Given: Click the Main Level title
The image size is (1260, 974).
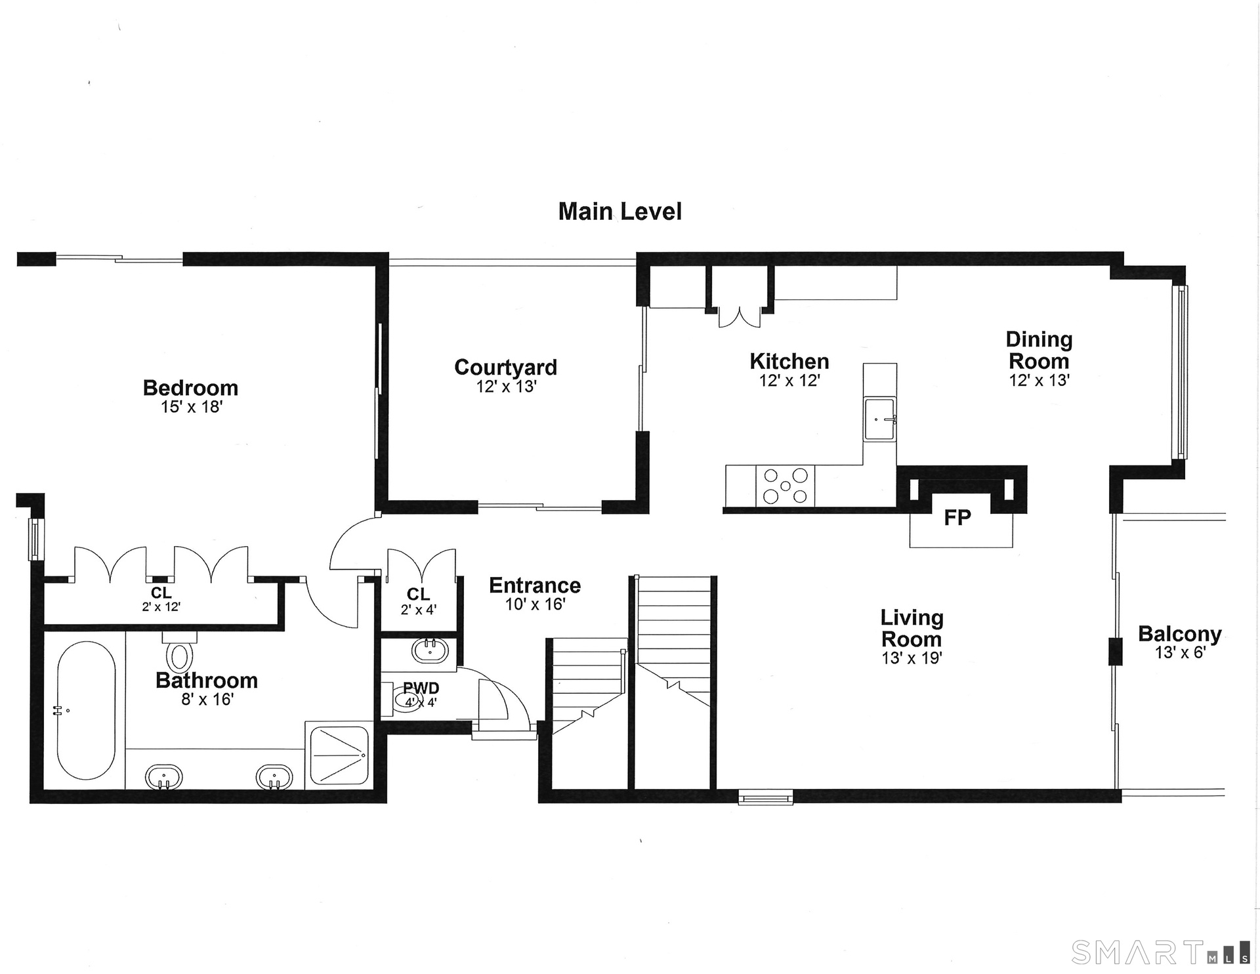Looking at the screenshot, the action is pos(620,211).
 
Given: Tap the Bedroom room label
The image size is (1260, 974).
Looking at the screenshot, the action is pos(190,387).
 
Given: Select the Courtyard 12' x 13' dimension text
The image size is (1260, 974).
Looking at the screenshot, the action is pos(507,387).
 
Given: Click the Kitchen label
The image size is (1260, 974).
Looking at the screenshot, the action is pos(789,361).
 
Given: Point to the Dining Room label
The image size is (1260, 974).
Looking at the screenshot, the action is pos(1039,350).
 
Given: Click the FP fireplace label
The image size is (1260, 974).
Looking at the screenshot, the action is pos(957,518).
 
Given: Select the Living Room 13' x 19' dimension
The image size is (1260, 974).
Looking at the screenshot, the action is pos(912,658).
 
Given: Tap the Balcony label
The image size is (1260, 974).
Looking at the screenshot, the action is pos(1180,634).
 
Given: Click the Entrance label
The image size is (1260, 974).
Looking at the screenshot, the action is pos(535,585).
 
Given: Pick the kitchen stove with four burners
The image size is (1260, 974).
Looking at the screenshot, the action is pos(786,486).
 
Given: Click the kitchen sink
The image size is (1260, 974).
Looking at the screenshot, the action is pos(879,419).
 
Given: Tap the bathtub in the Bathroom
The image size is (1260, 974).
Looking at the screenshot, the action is pos(86,710).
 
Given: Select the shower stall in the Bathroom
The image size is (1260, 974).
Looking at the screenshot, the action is pos(337,757).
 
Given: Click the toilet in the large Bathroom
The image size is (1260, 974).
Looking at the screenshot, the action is pos(179,651).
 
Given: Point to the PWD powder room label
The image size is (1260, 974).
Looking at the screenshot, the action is pos(421,688).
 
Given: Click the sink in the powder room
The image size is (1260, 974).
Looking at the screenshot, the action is pos(430,650).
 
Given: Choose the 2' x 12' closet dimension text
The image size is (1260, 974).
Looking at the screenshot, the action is pos(161,607).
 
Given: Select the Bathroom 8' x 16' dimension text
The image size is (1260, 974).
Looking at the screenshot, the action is pos(207,700).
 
